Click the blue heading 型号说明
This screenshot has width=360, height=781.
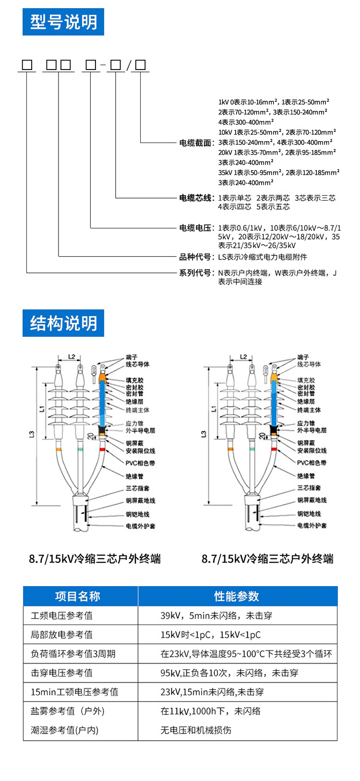(63, 22)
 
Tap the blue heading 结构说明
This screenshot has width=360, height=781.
(63, 323)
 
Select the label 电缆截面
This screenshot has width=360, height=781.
(195, 142)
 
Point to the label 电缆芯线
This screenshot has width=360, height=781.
(195, 198)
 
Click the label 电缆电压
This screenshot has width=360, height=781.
(195, 228)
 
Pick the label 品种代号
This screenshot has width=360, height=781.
(195, 257)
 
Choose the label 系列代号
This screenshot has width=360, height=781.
(195, 273)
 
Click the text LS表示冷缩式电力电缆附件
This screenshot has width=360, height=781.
(263, 257)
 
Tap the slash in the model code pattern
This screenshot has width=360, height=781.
(128, 66)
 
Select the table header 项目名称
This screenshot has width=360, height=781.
(78, 596)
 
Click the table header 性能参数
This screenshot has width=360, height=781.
(237, 596)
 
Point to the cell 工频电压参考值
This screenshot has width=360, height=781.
(62, 615)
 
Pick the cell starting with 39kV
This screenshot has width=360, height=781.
(216, 615)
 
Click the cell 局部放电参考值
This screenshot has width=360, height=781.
(62, 635)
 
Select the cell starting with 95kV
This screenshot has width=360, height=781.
(229, 673)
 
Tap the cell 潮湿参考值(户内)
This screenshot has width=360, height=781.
(65, 730)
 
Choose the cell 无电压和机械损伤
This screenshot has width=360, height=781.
(196, 730)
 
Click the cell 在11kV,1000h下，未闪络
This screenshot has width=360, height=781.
(210, 711)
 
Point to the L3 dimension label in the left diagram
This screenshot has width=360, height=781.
(32, 434)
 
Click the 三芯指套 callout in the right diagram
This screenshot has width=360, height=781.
(309, 488)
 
